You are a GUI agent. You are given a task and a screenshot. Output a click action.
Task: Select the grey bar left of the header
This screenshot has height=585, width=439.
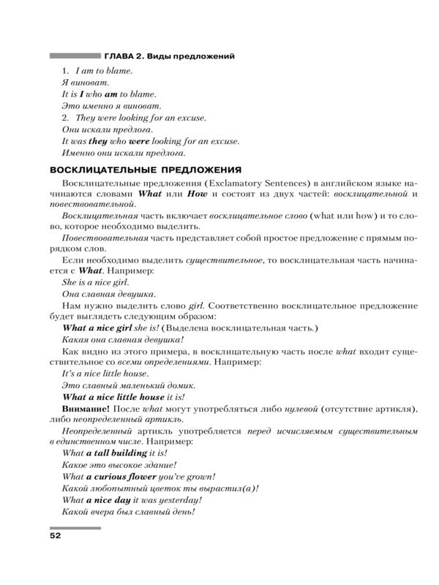(x=74, y=56)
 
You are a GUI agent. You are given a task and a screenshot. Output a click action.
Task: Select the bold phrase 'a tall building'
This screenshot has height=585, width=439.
(x=120, y=453)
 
